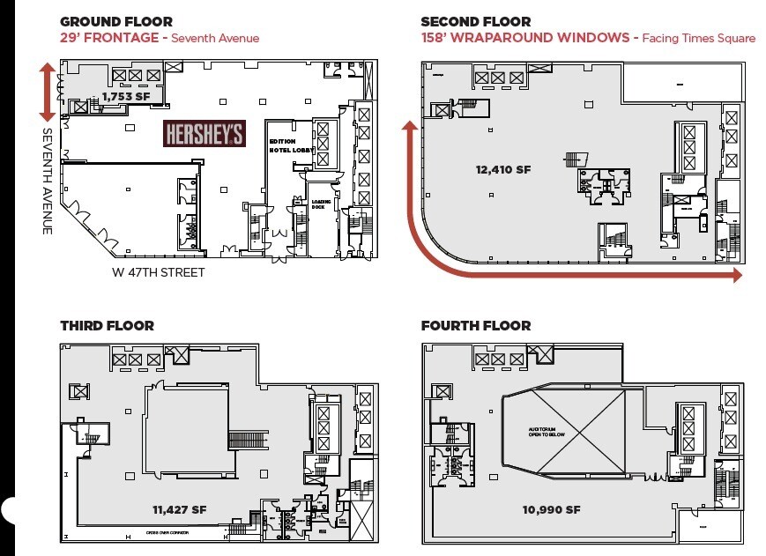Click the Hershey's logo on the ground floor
(205, 134)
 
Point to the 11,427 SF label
(179, 509)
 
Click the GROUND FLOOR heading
(116, 21)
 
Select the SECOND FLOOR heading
(476, 21)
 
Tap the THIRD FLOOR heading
(107, 326)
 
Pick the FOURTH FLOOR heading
(476, 326)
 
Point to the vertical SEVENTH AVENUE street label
(48, 181)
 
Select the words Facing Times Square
(698, 38)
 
